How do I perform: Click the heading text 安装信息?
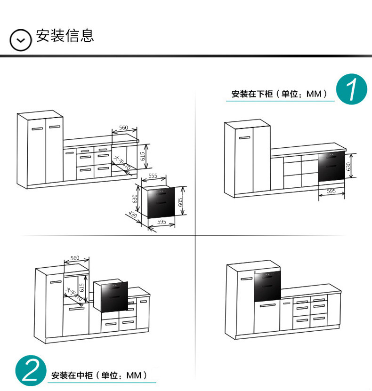[x=65, y=36]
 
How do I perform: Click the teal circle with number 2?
[x=31, y=371]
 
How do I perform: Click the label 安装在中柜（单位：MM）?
[x=99, y=375]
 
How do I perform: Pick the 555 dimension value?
[x=153, y=176]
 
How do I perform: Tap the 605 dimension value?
[x=180, y=202]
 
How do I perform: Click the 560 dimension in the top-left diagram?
[x=123, y=128]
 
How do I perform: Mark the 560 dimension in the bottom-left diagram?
[x=75, y=258]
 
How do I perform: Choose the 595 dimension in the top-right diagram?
[x=331, y=191]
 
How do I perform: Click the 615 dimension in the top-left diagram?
[x=143, y=156]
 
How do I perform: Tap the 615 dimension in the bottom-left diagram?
[x=82, y=287]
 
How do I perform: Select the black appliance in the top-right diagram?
[x=332, y=167]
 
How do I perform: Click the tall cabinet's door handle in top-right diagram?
[x=244, y=138]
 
